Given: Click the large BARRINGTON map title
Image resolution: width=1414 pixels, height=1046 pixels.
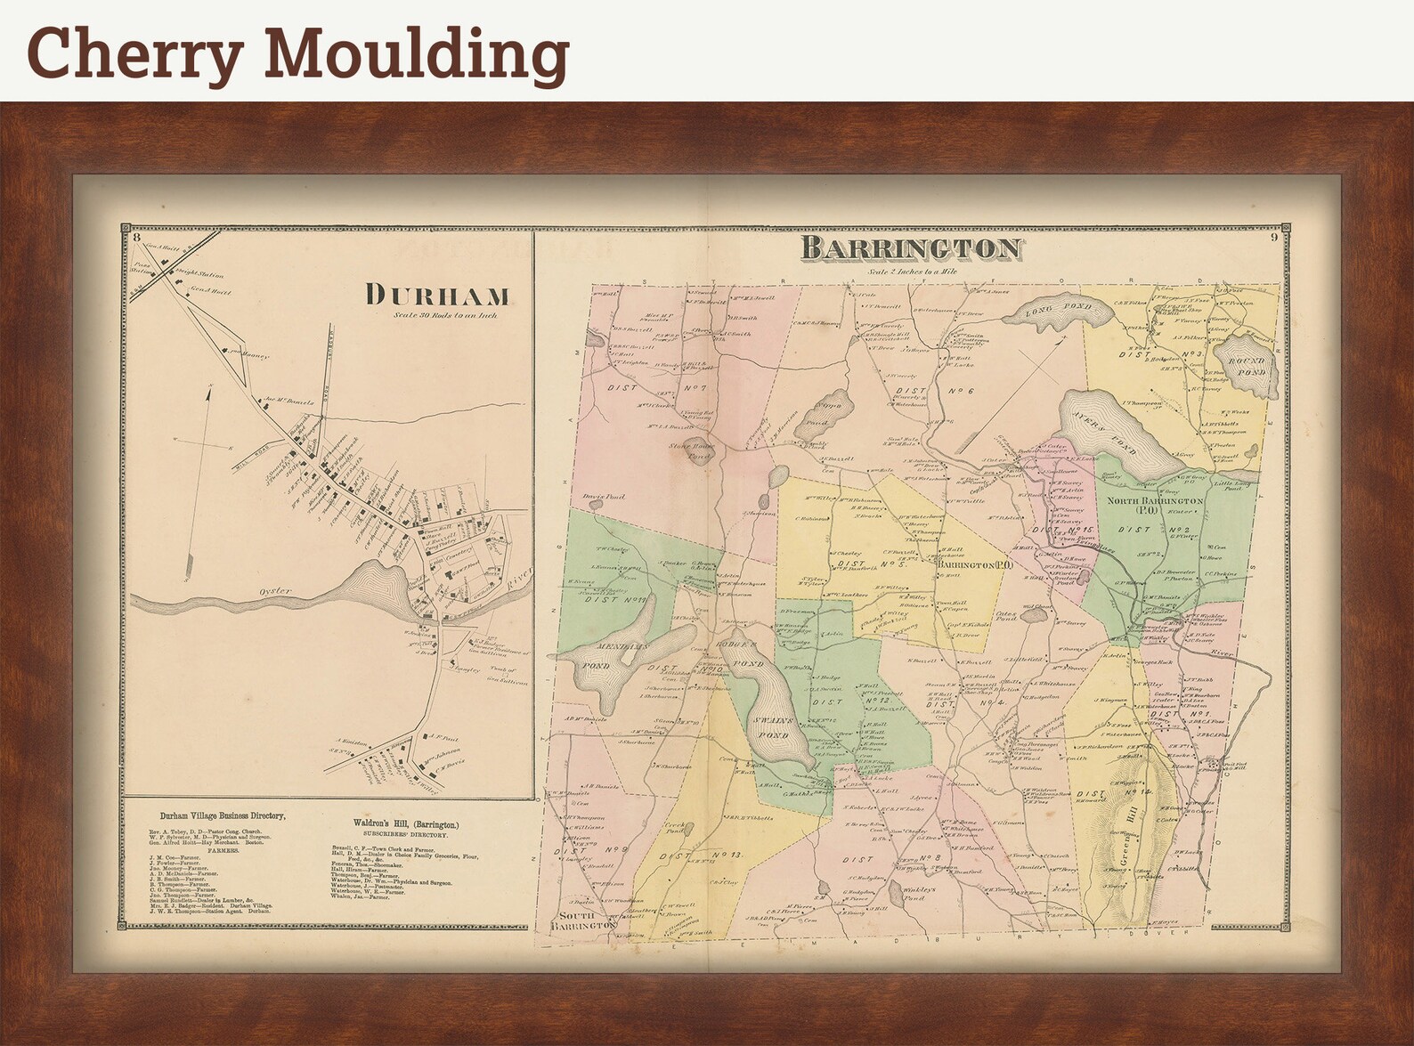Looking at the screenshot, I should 911,247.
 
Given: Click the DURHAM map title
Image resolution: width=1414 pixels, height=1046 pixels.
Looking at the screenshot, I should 438,296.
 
